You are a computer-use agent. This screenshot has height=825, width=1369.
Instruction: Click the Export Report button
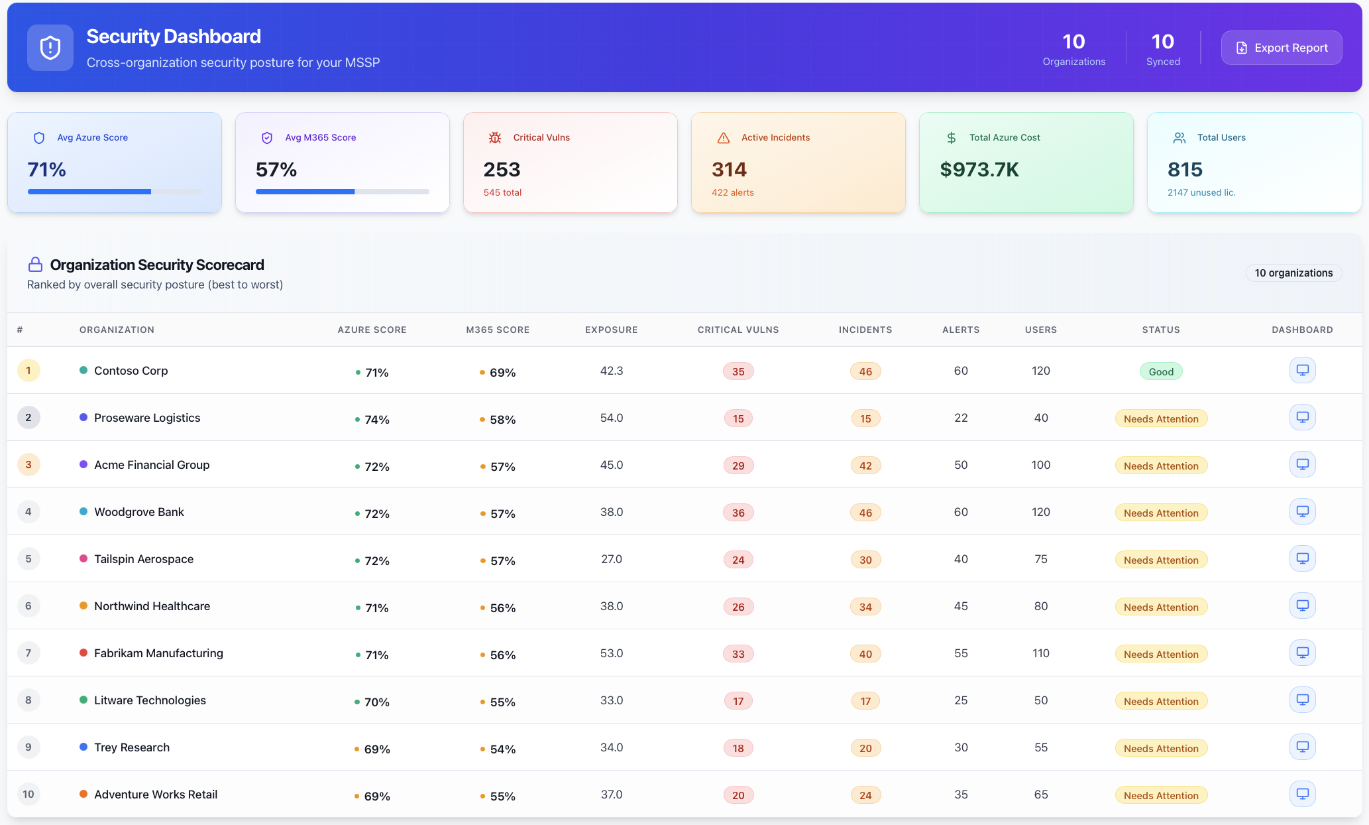[1282, 48]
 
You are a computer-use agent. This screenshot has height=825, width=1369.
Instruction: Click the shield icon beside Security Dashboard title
[50, 48]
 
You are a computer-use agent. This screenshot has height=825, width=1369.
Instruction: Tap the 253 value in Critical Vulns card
[502, 170]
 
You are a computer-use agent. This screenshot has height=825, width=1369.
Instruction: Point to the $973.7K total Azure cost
[979, 170]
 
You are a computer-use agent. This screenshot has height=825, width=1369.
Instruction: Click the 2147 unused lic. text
[1201, 192]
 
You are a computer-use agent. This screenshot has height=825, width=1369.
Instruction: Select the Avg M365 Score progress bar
[342, 192]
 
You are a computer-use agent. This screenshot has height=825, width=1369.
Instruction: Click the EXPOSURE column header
[611, 330]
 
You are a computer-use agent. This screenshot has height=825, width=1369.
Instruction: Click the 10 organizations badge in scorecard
[1293, 273]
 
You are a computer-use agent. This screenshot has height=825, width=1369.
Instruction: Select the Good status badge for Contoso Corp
[1160, 371]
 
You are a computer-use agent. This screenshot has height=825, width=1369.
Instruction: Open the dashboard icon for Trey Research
[1302, 747]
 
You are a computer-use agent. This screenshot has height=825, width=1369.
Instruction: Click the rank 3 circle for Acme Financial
[28, 464]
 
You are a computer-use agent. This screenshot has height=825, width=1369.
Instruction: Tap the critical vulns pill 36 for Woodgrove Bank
[738, 513]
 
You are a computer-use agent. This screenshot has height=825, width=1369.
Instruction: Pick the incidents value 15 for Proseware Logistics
[865, 418]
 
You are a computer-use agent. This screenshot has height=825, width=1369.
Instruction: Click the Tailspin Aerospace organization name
[144, 559]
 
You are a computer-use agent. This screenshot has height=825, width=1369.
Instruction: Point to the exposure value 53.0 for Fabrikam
[611, 653]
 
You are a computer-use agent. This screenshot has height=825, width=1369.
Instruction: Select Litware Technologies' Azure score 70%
[376, 702]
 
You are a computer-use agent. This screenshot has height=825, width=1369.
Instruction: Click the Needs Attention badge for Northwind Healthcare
[1160, 607]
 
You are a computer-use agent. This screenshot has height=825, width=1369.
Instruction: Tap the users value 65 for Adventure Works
[1040, 794]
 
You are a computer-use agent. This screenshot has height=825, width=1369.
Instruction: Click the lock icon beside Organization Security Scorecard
[36, 265]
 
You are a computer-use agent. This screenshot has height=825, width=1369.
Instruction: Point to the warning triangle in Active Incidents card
[723, 138]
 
